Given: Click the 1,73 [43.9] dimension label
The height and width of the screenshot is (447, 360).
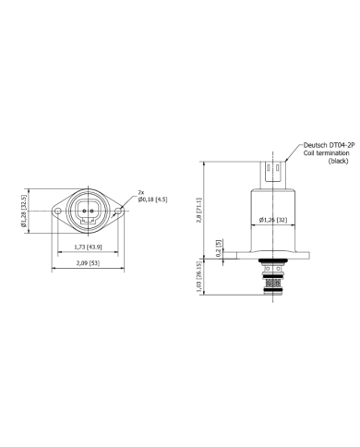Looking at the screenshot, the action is [88, 247].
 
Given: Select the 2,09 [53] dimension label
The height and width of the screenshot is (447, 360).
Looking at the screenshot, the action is [88, 263].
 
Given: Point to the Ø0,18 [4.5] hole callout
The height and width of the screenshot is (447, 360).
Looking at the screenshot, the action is [152, 199].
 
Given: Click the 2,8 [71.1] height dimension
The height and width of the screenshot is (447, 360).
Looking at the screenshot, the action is [199, 211].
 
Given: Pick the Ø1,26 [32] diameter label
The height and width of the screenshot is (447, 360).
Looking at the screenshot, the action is [273, 220].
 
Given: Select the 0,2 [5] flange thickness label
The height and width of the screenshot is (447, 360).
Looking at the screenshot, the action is [219, 248].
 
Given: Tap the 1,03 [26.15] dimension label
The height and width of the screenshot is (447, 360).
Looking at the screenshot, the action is [199, 277].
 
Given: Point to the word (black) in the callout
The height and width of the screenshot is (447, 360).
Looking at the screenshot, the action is [338, 161].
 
